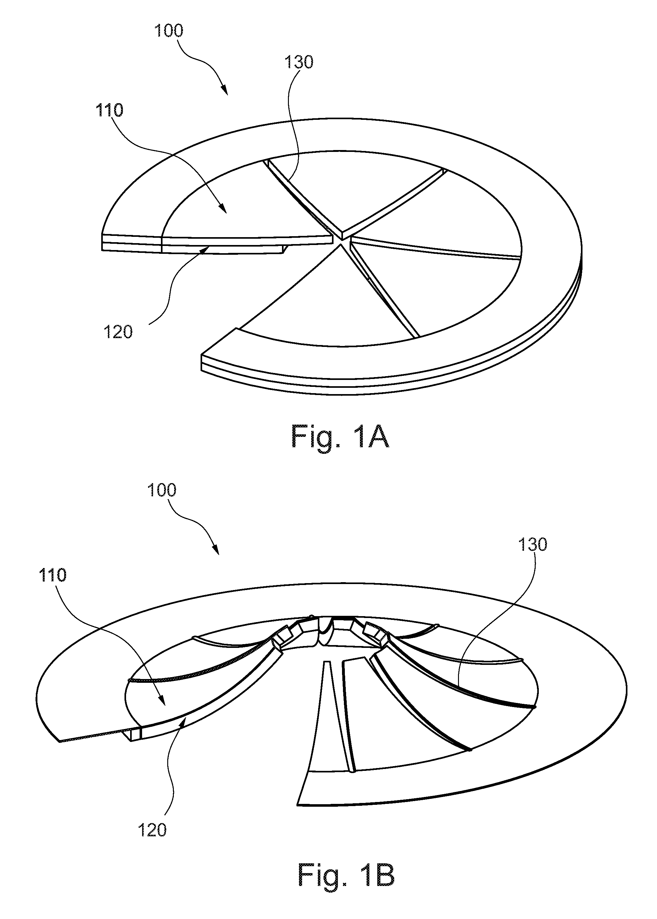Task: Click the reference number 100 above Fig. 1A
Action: point(169,31)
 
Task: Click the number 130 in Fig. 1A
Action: point(299,62)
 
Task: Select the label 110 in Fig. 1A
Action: point(109,110)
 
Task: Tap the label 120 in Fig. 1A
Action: point(118,332)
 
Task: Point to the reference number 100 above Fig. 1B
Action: point(162,490)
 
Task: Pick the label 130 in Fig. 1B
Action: point(533,545)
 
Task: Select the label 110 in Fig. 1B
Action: point(52,575)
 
